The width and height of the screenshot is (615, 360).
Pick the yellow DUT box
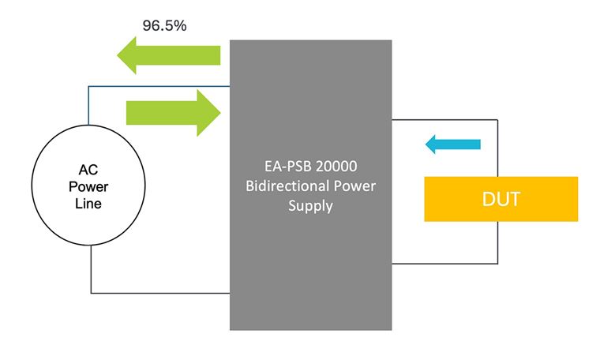501,199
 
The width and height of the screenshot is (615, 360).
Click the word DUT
501,199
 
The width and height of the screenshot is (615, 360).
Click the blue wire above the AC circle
158,88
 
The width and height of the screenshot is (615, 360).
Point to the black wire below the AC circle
158,291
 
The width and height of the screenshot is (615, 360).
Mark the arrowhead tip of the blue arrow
426,144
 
